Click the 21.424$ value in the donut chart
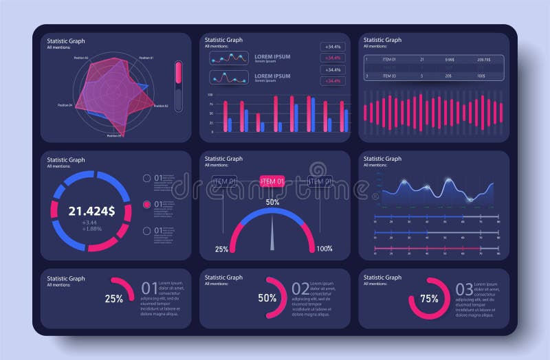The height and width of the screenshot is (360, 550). (x=91, y=210)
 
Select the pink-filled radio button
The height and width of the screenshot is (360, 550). (x=146, y=204)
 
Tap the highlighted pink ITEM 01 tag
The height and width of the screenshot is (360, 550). (x=272, y=181)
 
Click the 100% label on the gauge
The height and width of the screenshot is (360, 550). (x=324, y=249)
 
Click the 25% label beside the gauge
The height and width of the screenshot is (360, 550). (x=221, y=249)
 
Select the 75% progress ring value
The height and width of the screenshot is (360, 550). (x=430, y=299)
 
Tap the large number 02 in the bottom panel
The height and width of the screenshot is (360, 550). (x=300, y=289)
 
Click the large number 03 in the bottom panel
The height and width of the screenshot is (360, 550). (x=465, y=289)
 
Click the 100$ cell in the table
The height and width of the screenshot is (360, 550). (x=481, y=76)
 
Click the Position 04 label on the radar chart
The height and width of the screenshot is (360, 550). (x=65, y=105)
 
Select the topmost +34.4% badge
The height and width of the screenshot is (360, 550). (x=333, y=47)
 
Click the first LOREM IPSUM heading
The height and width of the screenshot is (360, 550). (x=272, y=56)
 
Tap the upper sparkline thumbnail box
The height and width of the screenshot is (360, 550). (x=229, y=58)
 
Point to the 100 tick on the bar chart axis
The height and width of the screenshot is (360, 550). (x=210, y=95)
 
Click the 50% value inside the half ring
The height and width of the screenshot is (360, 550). (x=267, y=298)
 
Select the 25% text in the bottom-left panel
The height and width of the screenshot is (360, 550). (x=114, y=298)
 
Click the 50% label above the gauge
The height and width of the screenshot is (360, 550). (x=272, y=202)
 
